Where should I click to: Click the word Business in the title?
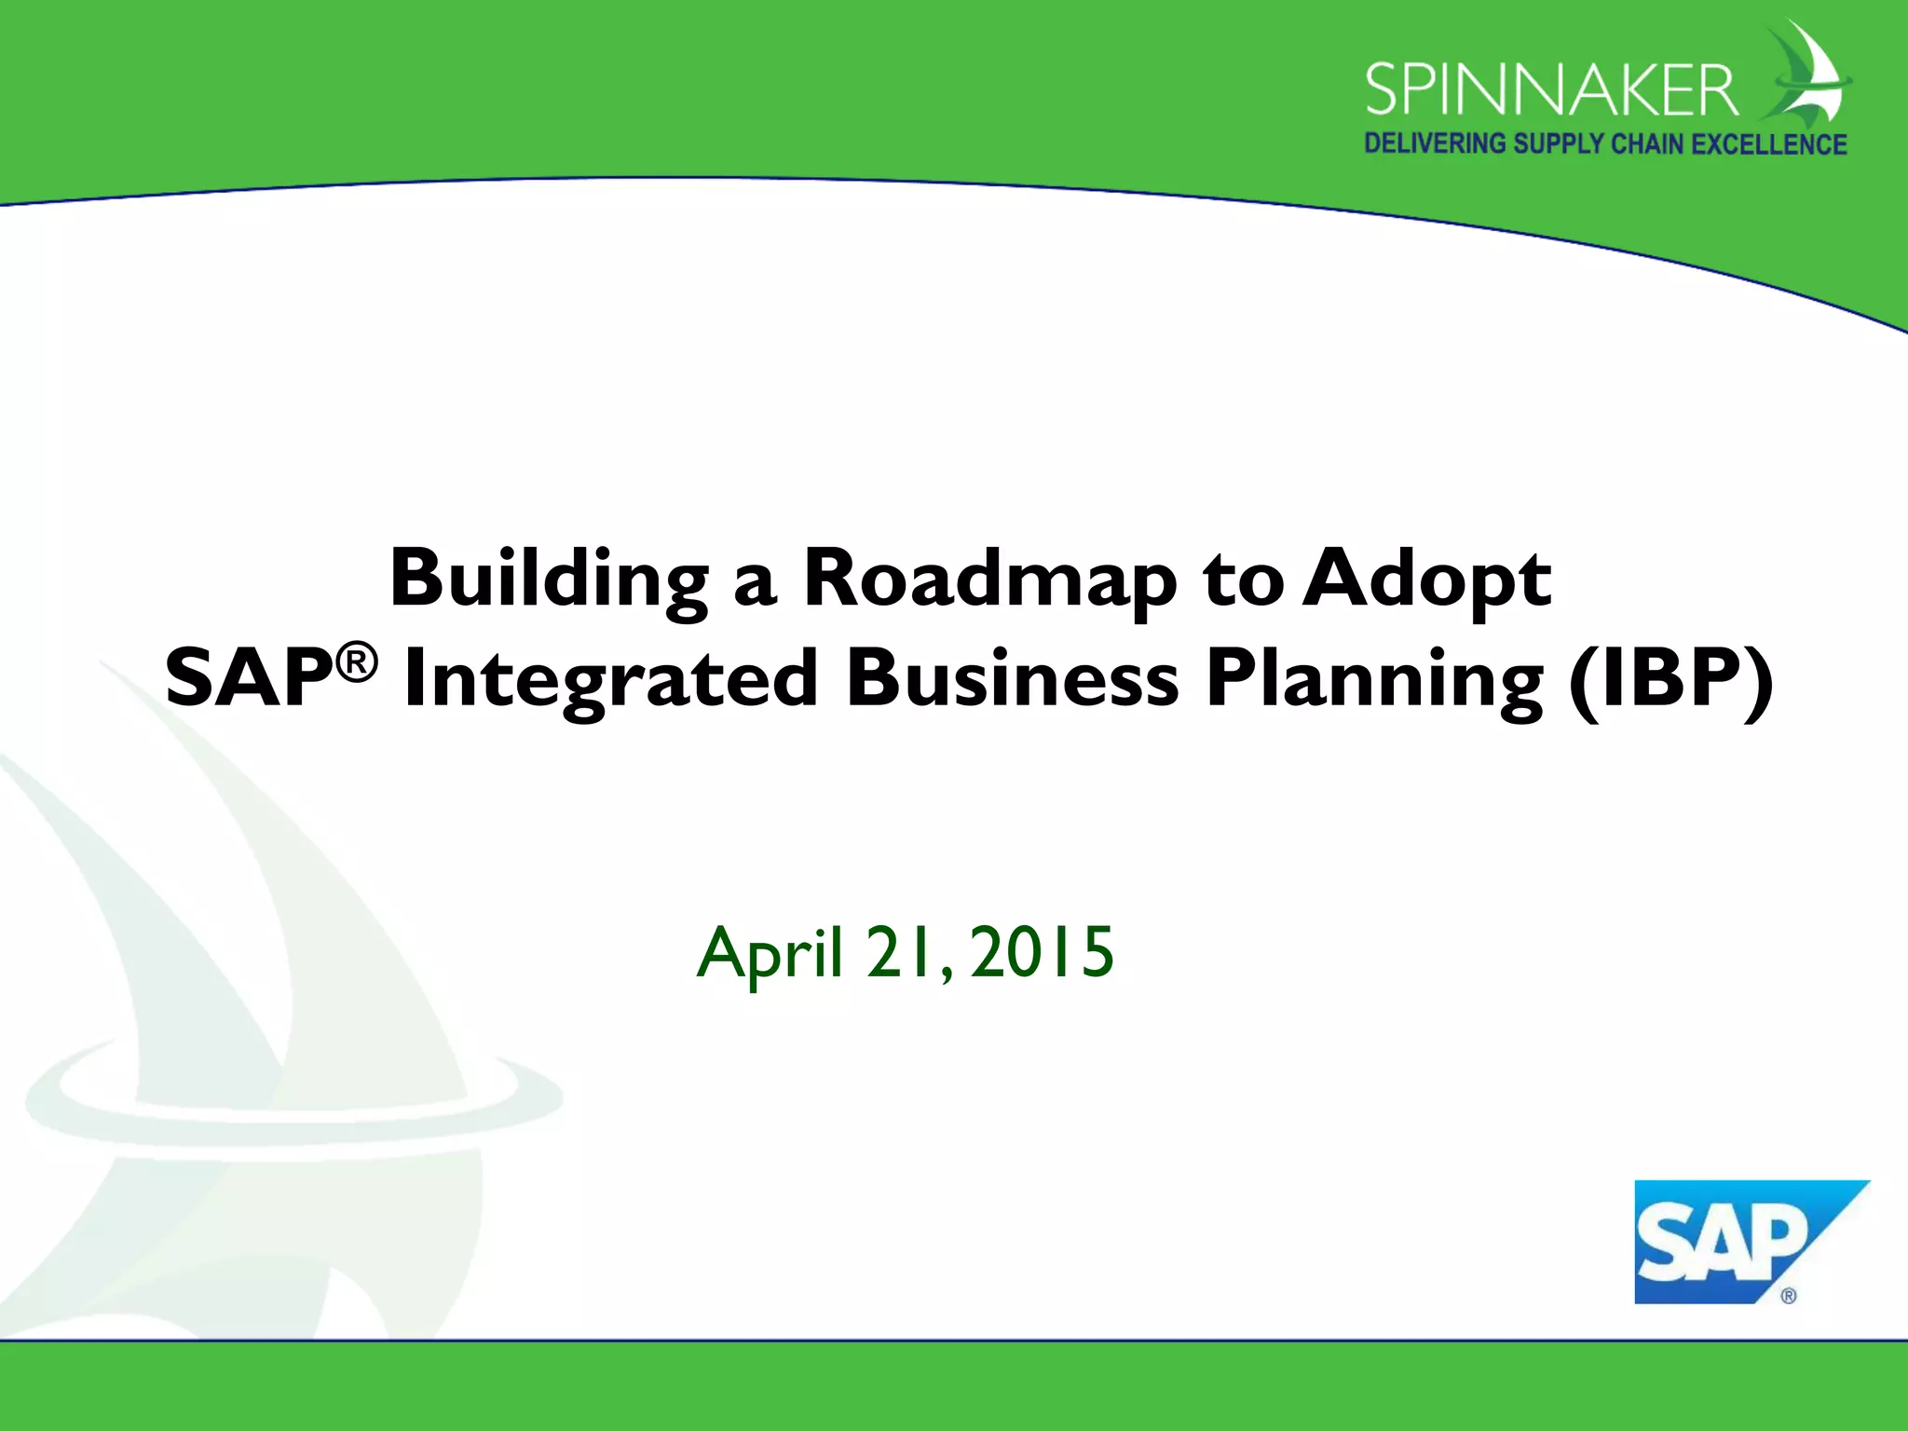pos(1012,679)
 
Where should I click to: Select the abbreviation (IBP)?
pos(1670,679)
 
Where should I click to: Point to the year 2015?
pos(1042,952)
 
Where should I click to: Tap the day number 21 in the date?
pos(900,952)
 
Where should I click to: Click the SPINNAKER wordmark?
pos(1551,90)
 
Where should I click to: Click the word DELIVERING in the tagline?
pos(1435,143)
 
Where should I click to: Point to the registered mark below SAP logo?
pos(1788,1296)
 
